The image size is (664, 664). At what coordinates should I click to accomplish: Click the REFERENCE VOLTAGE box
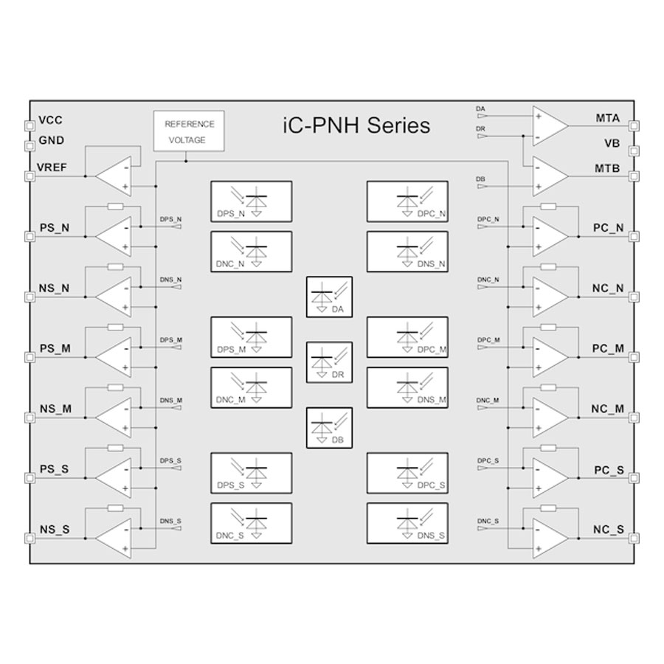(188, 132)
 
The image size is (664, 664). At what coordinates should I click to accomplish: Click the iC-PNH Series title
(356, 125)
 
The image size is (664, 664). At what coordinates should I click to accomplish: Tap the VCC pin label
(51, 120)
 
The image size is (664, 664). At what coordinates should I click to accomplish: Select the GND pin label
(51, 140)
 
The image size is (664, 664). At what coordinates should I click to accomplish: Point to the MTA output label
(607, 118)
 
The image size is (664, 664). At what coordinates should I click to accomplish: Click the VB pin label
(612, 145)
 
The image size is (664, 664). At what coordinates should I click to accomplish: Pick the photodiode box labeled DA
(329, 297)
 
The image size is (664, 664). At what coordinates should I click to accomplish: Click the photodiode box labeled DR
(329, 362)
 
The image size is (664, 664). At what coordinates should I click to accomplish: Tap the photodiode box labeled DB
(329, 427)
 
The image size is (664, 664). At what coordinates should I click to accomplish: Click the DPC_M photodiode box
(407, 338)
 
